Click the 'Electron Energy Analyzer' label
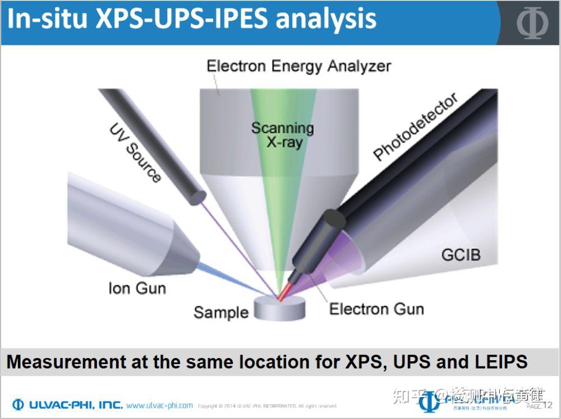pyautogui.click(x=298, y=66)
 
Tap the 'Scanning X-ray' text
pyautogui.click(x=282, y=135)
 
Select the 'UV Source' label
pyautogui.click(x=135, y=153)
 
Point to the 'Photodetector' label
pyautogui.click(x=416, y=127)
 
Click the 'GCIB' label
pyautogui.click(x=461, y=255)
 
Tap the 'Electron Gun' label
pyautogui.click(x=376, y=309)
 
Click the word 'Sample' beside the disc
pyautogui.click(x=220, y=312)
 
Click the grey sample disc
pyautogui.click(x=279, y=309)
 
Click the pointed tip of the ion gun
pyautogui.click(x=194, y=258)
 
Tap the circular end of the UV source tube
pyautogui.click(x=198, y=198)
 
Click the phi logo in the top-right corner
pyautogui.click(x=532, y=22)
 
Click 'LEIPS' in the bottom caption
pyautogui.click(x=496, y=361)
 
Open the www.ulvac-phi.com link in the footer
pyautogui.click(x=159, y=405)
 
